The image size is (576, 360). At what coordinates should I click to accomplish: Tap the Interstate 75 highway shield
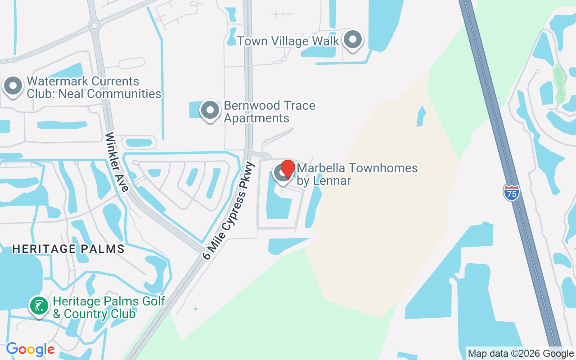click(x=511, y=192)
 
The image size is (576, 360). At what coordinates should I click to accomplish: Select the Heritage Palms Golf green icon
click(x=39, y=306)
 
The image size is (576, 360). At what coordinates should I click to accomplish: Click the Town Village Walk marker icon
click(x=353, y=40)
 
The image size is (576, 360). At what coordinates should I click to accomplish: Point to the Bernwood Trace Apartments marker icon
click(x=210, y=110)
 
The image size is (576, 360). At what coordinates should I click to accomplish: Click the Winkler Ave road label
click(x=117, y=162)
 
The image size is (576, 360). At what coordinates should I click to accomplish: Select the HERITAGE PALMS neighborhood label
click(x=68, y=248)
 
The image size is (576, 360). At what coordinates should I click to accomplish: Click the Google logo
click(x=30, y=349)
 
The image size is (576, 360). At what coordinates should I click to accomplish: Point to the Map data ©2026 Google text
click(x=521, y=354)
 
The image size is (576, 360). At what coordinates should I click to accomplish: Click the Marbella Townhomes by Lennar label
click(x=357, y=174)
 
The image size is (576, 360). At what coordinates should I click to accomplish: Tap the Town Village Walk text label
click(x=288, y=41)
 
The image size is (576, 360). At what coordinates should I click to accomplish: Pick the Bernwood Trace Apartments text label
click(x=270, y=112)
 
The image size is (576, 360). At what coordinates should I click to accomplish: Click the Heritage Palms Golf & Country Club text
click(x=109, y=307)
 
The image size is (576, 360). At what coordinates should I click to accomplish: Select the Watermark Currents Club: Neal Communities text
click(x=94, y=87)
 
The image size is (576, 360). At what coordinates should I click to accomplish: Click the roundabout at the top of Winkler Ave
click(x=94, y=26)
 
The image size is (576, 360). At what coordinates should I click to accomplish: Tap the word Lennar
click(x=333, y=180)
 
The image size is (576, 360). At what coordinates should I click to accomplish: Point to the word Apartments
click(x=256, y=118)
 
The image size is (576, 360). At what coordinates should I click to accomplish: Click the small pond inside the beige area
click(x=421, y=117)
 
